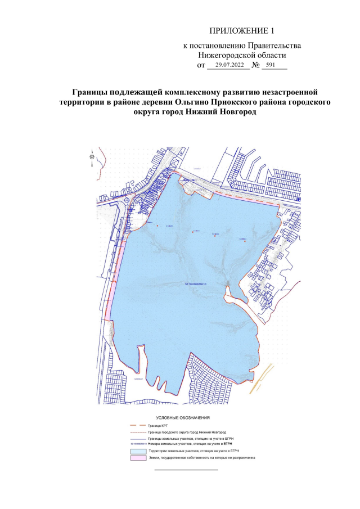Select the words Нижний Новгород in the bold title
click(221, 112)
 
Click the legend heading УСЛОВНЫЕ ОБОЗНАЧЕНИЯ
click(182, 418)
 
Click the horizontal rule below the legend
click(186, 469)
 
